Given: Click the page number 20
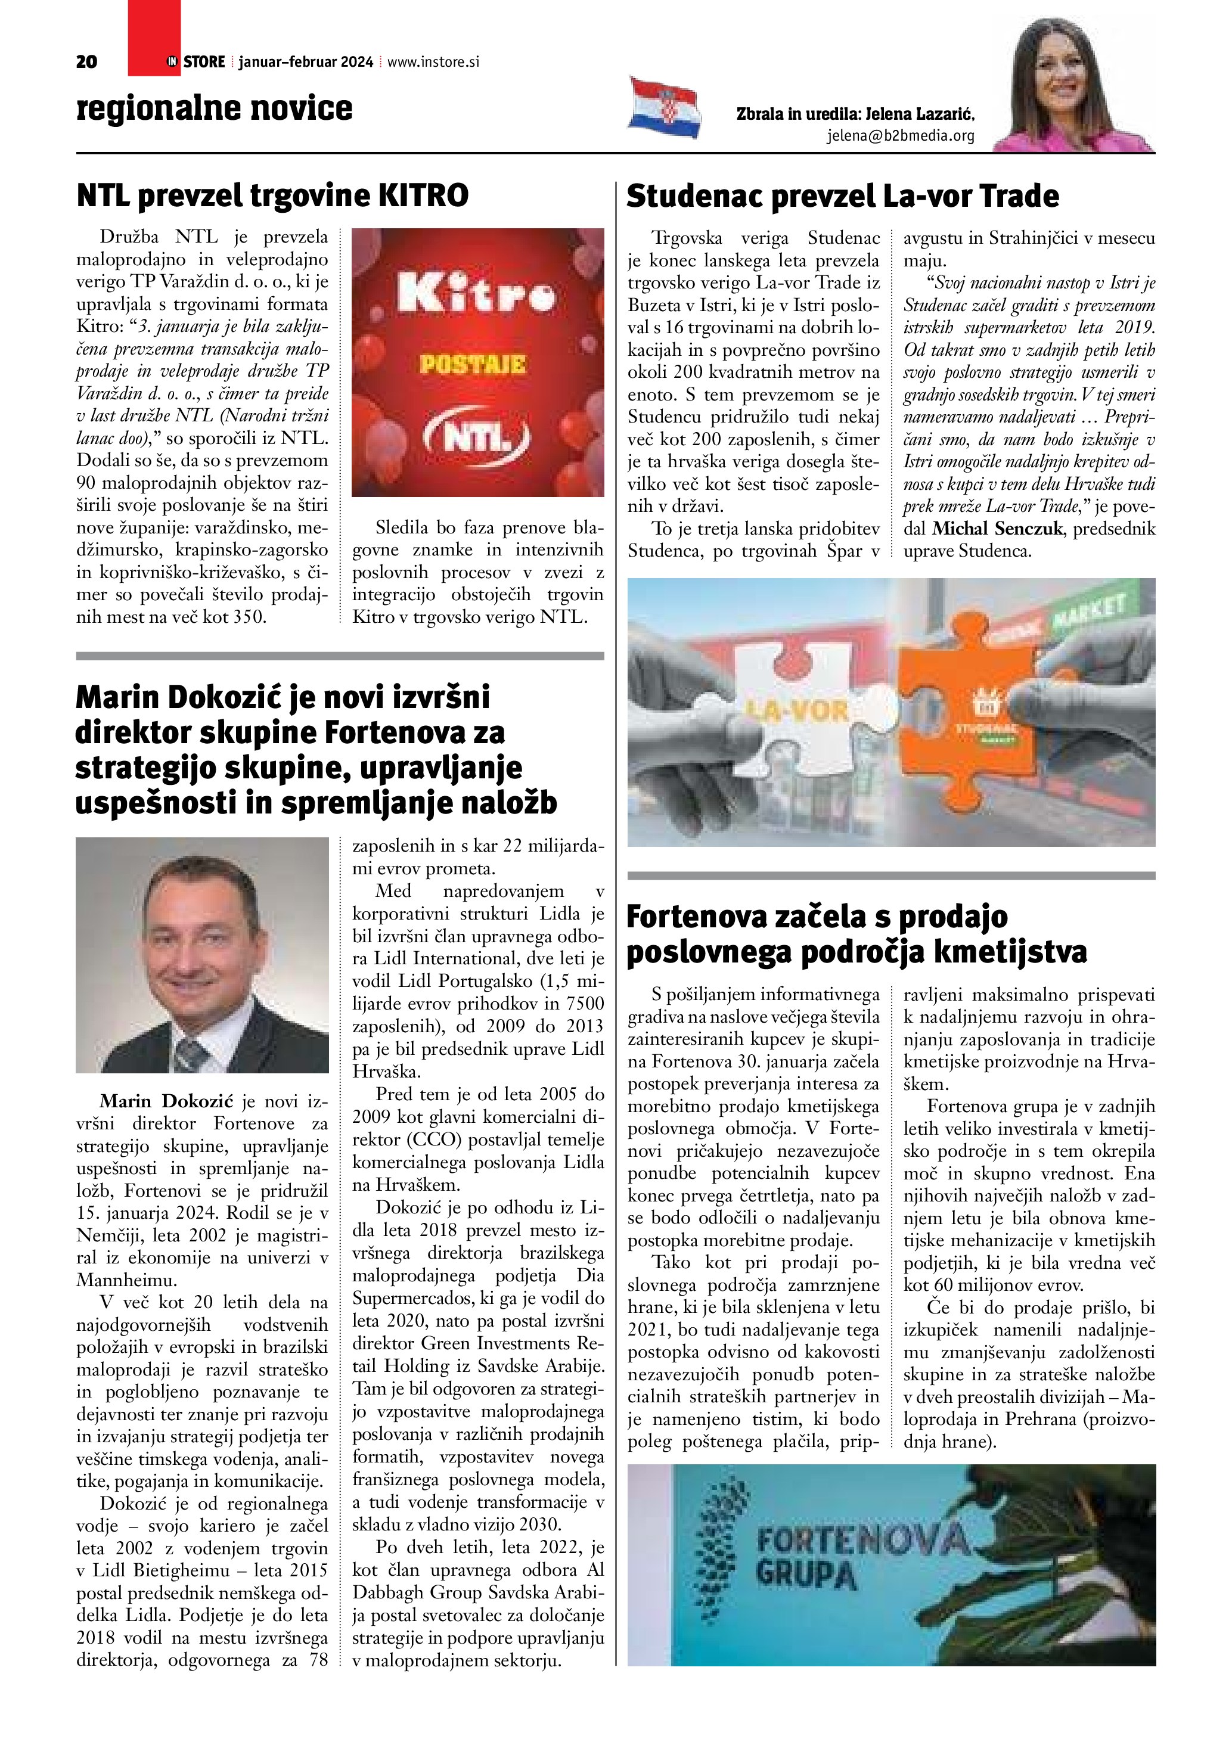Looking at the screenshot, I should [x=86, y=62].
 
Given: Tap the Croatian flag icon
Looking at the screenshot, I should [x=663, y=107].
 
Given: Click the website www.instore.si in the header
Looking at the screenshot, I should [x=433, y=62].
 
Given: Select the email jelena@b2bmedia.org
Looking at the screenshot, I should [x=901, y=136].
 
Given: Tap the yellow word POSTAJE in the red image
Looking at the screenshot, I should [x=473, y=365].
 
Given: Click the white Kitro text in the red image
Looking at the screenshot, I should [x=475, y=294].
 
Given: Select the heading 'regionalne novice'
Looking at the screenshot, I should [x=215, y=108].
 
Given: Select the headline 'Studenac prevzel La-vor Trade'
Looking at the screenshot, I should [x=842, y=195].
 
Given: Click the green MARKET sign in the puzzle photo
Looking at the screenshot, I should [x=1088, y=614].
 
